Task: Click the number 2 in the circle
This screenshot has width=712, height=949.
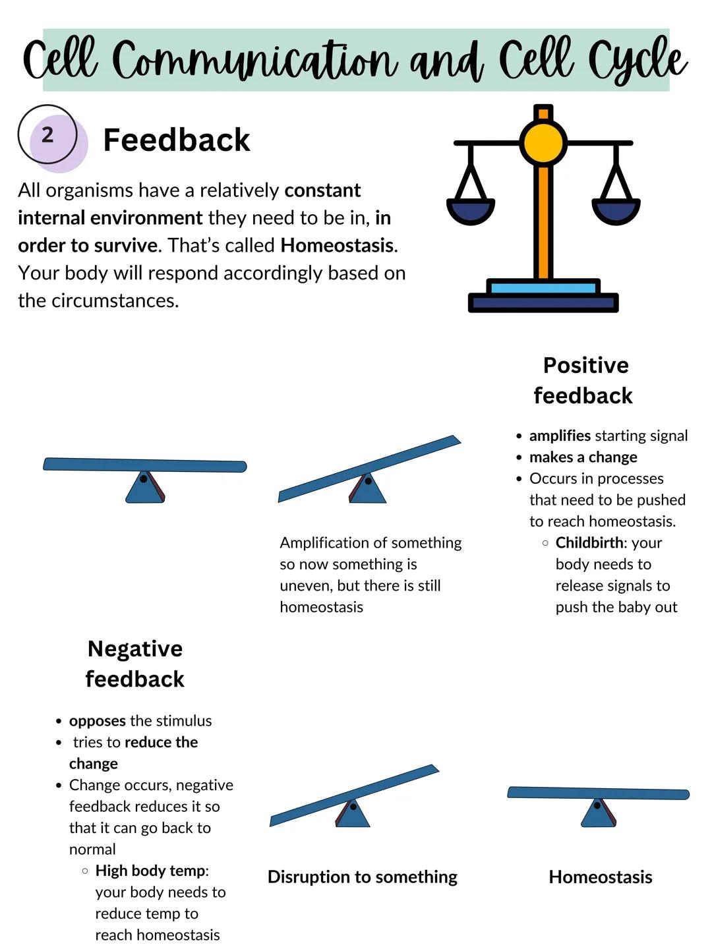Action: [47, 135]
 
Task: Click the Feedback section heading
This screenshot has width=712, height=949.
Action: [176, 140]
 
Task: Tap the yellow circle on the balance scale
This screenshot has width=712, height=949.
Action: [543, 142]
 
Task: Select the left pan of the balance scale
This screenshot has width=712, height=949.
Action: [471, 210]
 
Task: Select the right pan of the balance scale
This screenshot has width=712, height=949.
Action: [616, 210]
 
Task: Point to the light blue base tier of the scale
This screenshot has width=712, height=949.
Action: [543, 287]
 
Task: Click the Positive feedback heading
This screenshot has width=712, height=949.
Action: [583, 380]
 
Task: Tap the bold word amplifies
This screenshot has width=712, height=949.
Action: [560, 436]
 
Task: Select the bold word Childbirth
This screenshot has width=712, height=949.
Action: [589, 542]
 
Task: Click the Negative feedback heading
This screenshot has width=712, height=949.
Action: [134, 664]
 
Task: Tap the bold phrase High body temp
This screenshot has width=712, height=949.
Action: [150, 871]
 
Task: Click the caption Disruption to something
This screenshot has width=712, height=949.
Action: [362, 877]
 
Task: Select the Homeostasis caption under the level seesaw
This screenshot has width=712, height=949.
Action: [600, 877]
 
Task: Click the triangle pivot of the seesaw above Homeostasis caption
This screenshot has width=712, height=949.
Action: [598, 814]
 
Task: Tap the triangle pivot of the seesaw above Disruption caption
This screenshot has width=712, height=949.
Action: [353, 815]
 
